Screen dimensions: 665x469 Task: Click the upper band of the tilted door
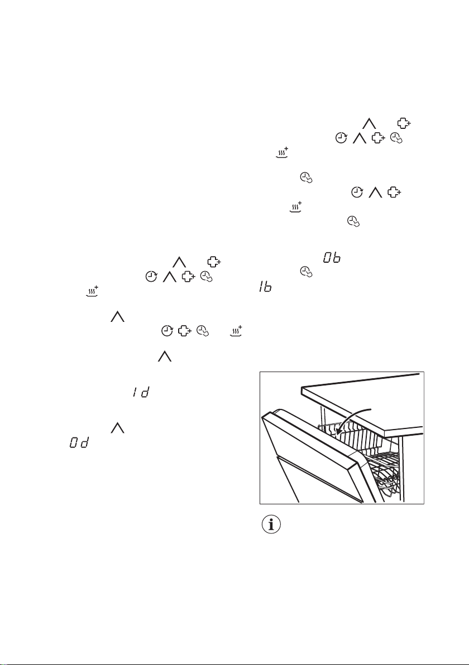(x=313, y=446)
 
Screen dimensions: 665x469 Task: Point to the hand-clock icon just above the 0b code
(x=352, y=222)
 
